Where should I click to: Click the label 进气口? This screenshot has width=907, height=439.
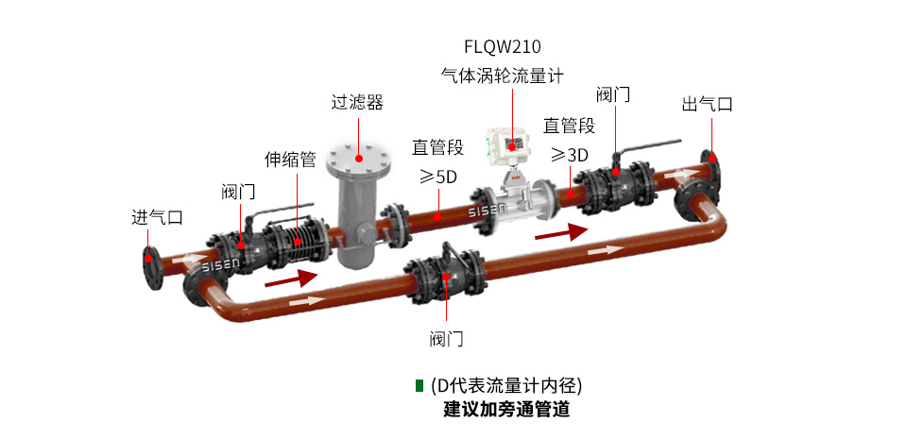[156, 217]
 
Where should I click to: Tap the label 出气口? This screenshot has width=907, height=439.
[707, 104]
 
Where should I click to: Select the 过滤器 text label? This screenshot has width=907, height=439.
[357, 102]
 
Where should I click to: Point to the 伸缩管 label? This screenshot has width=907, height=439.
[289, 160]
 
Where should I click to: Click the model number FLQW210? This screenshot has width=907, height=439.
[502, 45]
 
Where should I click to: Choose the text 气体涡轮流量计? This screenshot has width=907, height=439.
[502, 76]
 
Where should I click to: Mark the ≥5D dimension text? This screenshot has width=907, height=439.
[437, 177]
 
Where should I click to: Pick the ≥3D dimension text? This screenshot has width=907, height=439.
[570, 155]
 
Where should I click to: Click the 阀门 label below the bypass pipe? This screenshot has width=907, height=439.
[446, 338]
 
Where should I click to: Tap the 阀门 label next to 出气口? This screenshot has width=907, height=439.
[613, 95]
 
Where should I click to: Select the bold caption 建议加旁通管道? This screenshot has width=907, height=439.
[506, 410]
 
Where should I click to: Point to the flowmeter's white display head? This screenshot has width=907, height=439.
[510, 143]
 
